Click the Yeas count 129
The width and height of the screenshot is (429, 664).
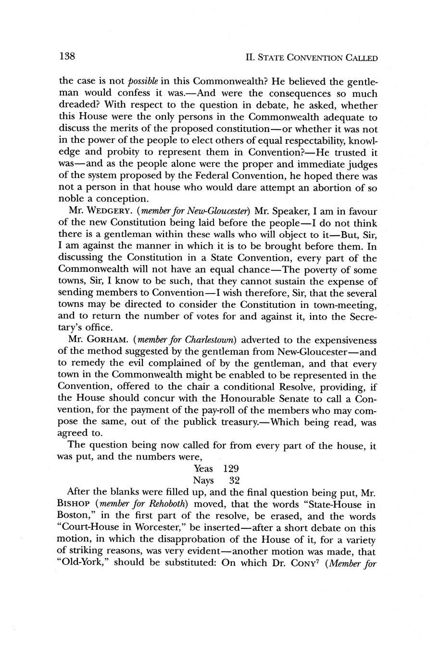231,468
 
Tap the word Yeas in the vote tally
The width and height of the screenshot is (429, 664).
204,468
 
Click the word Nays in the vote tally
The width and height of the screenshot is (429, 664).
203,480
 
